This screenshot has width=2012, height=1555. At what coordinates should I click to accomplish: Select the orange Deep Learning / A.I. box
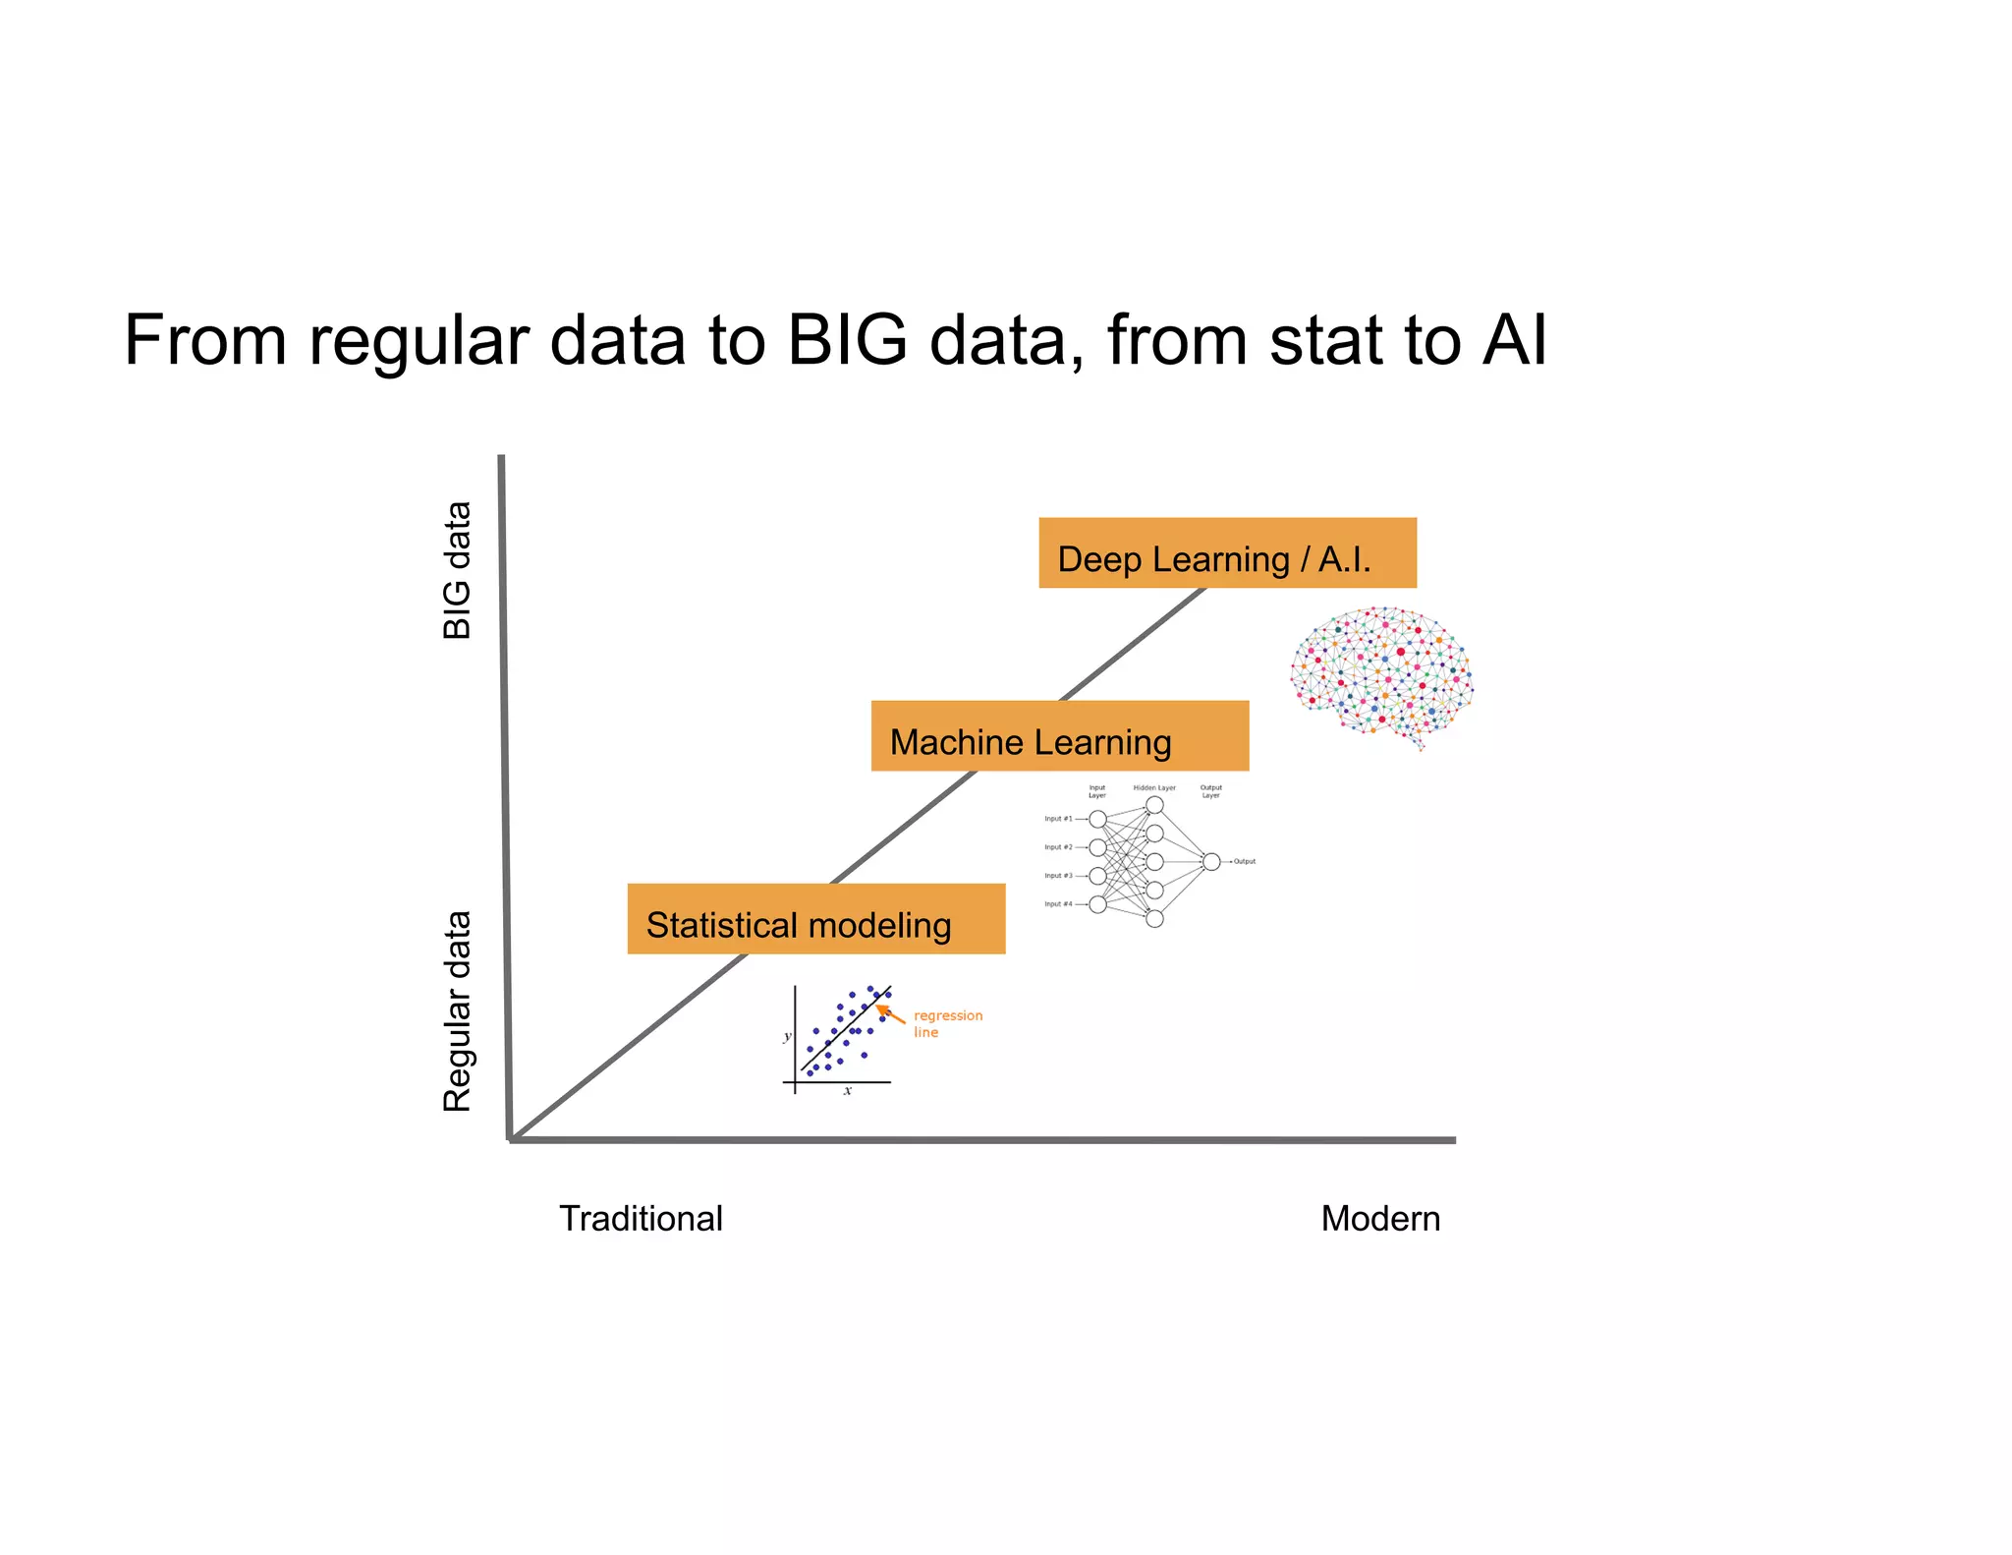1227,553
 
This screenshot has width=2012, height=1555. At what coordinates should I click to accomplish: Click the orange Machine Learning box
1059,736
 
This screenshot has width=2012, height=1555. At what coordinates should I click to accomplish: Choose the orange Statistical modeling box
815,919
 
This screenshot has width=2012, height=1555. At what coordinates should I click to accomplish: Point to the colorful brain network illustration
1380,676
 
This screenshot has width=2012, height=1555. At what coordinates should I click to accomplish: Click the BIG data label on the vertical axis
457,571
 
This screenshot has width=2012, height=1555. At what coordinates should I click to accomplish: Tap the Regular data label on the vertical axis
457,1011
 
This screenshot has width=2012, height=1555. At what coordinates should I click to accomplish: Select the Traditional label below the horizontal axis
641,1219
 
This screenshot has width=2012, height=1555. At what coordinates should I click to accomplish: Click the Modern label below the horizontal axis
1379,1219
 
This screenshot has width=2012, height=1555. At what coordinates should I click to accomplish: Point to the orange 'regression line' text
946,1023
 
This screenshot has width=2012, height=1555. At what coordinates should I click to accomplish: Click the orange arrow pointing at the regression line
890,1013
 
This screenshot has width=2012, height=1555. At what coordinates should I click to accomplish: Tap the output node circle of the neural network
1211,861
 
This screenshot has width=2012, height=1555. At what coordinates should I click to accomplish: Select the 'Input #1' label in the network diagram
1058,819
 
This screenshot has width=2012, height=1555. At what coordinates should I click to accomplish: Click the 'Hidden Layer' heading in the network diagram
1154,788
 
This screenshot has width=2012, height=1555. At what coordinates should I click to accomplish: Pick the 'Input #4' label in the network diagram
1058,904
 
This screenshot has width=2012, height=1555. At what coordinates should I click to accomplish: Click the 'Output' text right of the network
1245,861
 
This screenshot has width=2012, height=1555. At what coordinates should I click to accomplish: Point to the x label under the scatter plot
847,1091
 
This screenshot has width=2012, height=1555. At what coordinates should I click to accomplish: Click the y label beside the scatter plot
787,1036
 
